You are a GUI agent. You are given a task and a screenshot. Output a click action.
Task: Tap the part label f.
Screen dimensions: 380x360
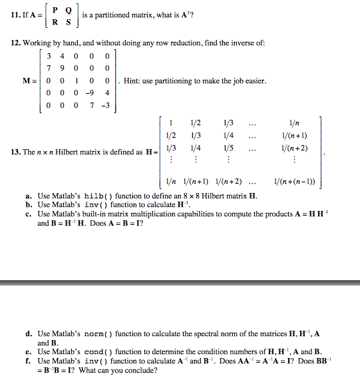point(27,360)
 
